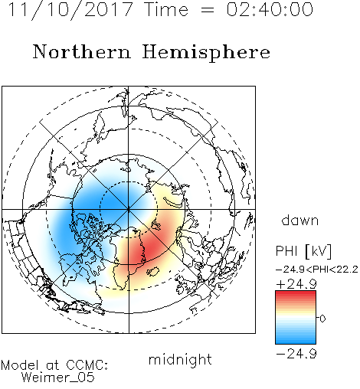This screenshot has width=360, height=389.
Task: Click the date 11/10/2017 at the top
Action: [x=70, y=10]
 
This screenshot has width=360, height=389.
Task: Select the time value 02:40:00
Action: [x=270, y=9]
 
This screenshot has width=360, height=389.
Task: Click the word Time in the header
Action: [x=166, y=9]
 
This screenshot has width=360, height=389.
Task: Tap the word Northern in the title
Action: [x=81, y=51]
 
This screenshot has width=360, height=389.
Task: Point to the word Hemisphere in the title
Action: [x=206, y=53]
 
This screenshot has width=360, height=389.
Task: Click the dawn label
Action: [x=300, y=220]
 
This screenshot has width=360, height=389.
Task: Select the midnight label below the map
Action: [x=180, y=360]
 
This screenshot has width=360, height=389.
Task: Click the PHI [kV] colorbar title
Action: [x=303, y=251]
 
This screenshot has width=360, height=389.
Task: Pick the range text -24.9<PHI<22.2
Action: [x=317, y=270]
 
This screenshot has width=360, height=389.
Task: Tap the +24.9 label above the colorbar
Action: [x=296, y=284]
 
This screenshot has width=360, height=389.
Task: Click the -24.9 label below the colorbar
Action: [x=296, y=354]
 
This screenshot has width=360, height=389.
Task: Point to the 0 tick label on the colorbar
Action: [x=322, y=319]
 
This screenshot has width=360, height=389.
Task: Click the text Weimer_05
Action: [x=58, y=378]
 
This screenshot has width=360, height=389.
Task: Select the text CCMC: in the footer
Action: [x=87, y=365]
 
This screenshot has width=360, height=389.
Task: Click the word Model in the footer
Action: [x=20, y=365]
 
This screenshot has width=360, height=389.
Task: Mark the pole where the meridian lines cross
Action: [x=129, y=209]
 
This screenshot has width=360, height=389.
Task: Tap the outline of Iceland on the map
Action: [x=153, y=271]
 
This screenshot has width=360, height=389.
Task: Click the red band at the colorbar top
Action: [x=296, y=293]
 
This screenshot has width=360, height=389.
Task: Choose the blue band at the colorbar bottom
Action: [x=296, y=342]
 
